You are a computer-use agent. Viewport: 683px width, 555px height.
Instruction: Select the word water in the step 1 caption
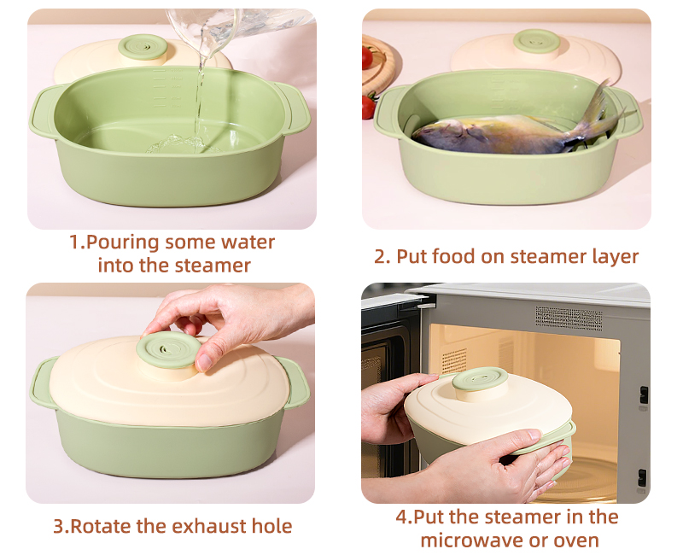(247, 242)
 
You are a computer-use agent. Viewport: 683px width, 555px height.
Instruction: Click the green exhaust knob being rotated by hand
(170, 348)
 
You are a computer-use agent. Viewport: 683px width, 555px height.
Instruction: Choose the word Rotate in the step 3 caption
(101, 526)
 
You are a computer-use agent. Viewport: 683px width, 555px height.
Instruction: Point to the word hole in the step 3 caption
(271, 526)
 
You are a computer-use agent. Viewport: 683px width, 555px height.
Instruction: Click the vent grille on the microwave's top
(568, 318)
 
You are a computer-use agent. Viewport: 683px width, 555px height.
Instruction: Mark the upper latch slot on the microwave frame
(643, 394)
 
